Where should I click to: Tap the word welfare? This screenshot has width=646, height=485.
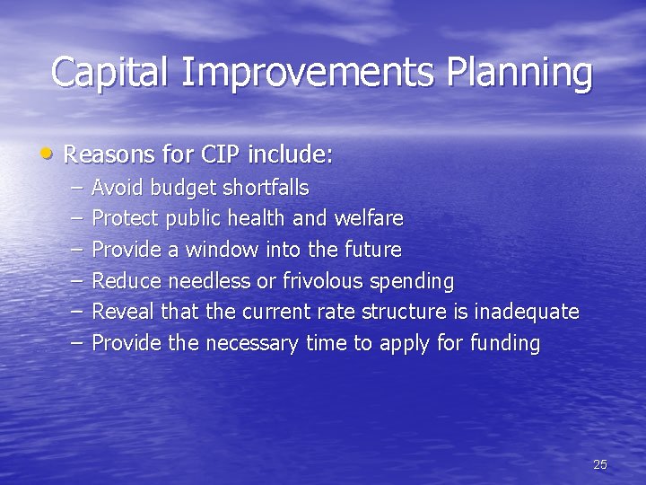[x=369, y=218]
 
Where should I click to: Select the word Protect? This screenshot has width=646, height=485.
[x=126, y=218]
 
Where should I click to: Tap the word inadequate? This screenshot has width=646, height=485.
[x=527, y=313]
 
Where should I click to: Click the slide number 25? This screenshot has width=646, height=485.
[x=599, y=464]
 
